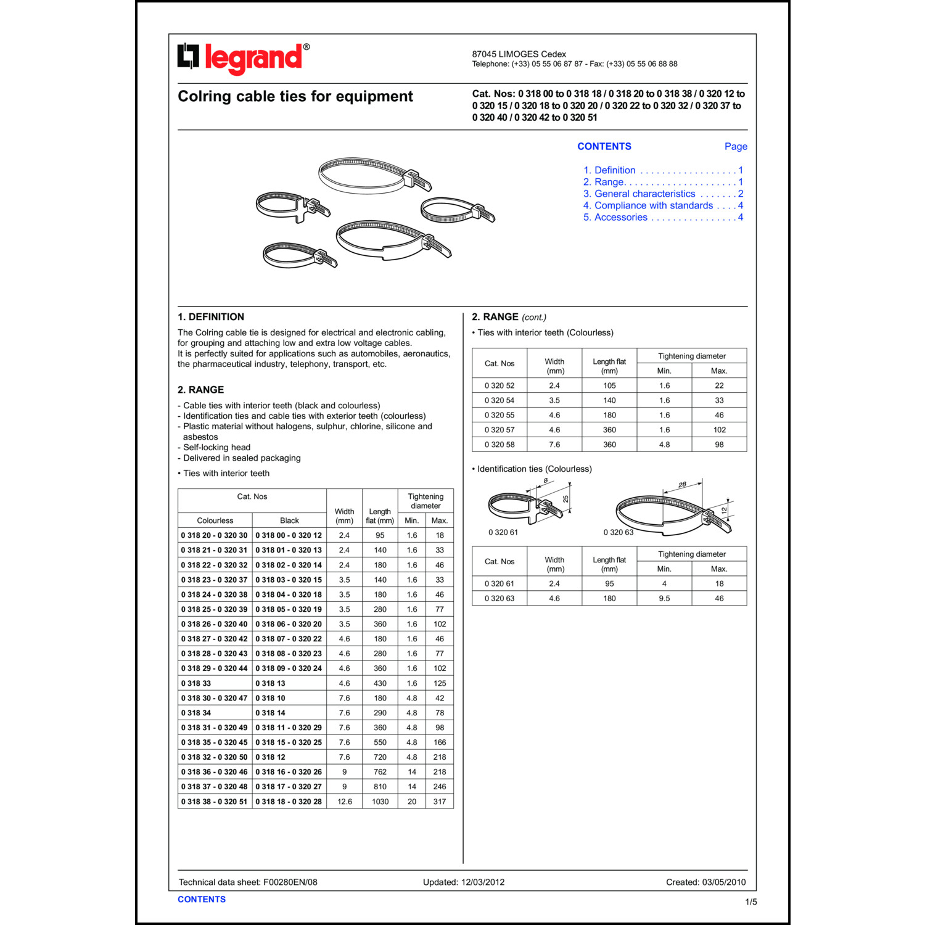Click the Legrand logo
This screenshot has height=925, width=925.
[244, 59]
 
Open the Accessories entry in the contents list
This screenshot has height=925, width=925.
[620, 218]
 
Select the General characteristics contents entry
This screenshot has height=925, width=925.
[644, 194]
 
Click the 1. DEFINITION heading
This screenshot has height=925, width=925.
[211, 317]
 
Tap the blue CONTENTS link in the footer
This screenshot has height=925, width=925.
[202, 900]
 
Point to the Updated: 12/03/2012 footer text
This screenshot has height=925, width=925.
[464, 882]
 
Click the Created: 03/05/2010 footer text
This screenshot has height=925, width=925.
[705, 882]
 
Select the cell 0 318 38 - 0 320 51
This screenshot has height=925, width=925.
[214, 802]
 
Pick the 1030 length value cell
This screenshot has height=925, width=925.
[380, 802]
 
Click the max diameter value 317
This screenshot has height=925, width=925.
[439, 802]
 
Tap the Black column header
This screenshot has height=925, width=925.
[289, 521]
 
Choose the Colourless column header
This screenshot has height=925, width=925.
[215, 521]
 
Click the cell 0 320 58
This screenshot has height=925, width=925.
[499, 445]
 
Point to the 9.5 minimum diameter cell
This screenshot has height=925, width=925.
[664, 599]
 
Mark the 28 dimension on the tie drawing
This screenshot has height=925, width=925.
[682, 485]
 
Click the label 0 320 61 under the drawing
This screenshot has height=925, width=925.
[503, 533]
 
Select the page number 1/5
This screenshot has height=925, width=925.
[751, 902]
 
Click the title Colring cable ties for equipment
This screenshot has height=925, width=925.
[295, 97]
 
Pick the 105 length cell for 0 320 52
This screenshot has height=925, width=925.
[609, 386]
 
